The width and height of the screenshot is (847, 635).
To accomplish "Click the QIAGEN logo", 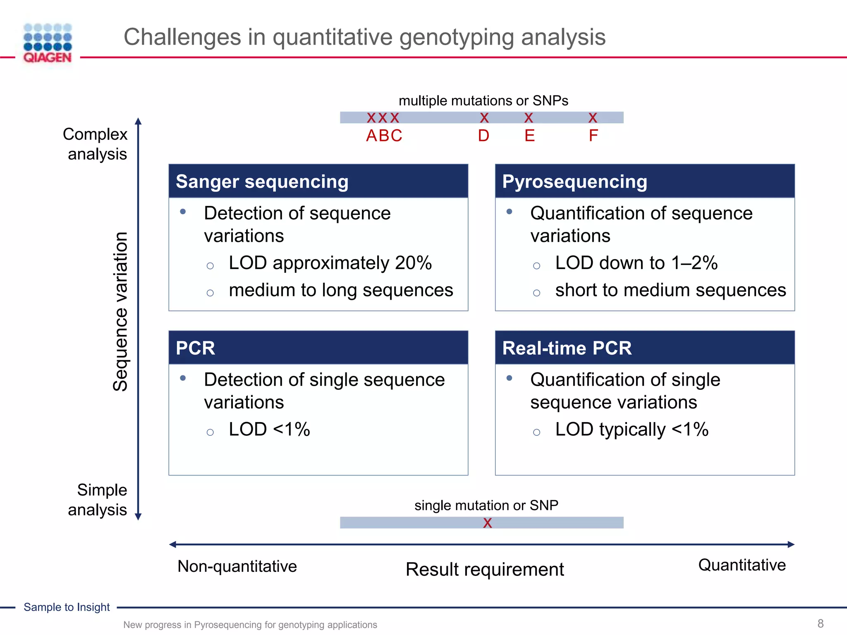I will point(48,43).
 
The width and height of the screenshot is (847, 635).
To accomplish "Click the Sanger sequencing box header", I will point(318,181).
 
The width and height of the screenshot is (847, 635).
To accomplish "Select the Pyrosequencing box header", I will point(644,181).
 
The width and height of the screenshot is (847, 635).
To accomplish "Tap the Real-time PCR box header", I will point(644,348).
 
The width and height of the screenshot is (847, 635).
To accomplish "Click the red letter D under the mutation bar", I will point(483,136).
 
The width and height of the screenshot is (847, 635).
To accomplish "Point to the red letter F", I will point(593,136).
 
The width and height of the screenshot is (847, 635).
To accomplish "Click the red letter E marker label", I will point(529,136).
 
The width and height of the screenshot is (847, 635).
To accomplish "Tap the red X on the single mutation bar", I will point(488,523).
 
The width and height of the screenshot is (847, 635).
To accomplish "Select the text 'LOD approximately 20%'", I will point(330,263).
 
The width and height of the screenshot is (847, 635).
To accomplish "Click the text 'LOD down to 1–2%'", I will point(636,263).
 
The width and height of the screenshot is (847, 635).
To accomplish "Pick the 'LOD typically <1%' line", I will point(632,430).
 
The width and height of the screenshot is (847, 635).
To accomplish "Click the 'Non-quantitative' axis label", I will point(237,566).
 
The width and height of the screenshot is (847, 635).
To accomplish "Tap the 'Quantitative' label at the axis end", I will point(742,565).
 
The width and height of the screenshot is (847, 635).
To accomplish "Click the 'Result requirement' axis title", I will point(485,570).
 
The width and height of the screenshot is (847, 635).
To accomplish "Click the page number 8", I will point(821,623).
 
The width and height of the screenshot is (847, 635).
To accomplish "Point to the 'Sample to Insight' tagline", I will point(67,607).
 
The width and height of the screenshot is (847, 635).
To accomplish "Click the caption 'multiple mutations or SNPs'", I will point(483,100).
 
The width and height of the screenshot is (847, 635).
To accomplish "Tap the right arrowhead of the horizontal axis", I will point(791,544).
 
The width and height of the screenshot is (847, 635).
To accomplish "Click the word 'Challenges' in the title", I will point(182,37).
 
